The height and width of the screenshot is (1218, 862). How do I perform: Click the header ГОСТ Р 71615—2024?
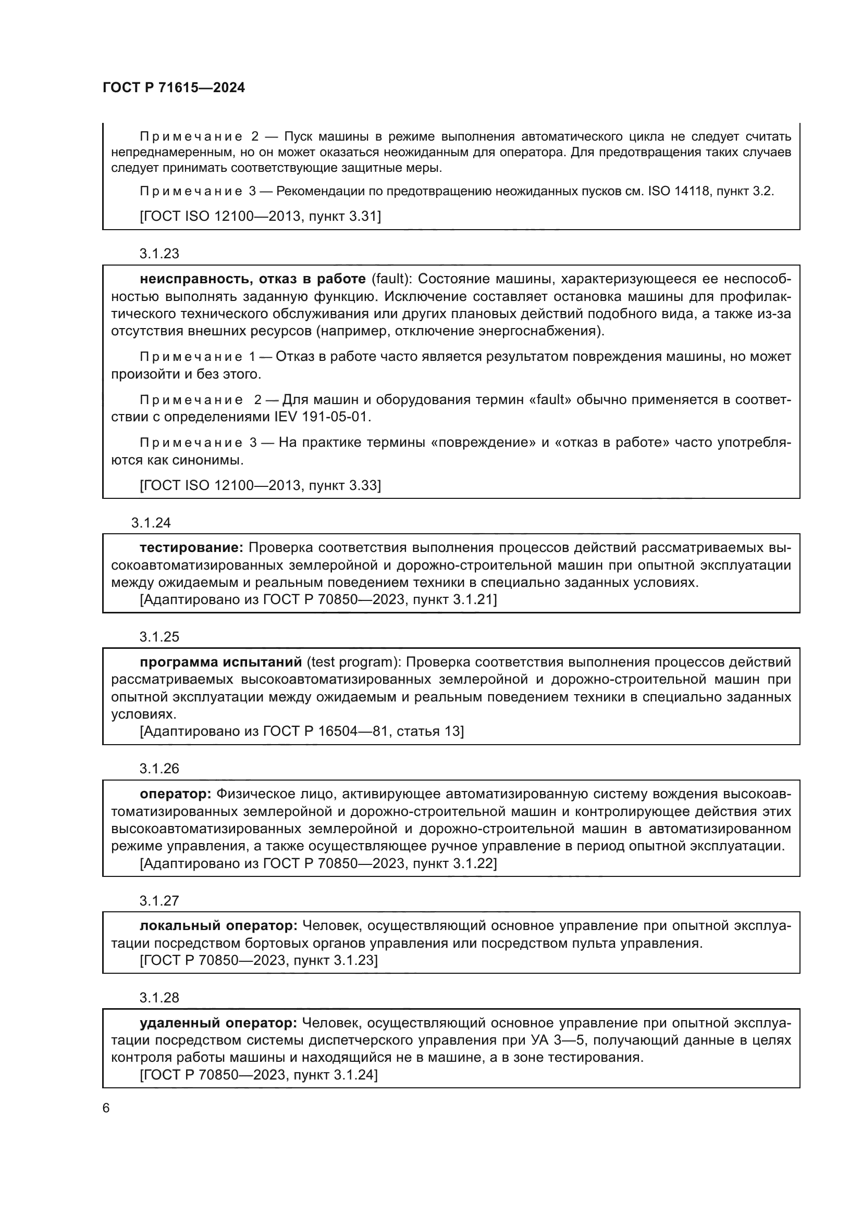pos(174,88)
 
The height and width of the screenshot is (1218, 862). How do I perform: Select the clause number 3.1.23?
pos(159,254)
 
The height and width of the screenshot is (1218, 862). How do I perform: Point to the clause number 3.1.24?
pos(151,522)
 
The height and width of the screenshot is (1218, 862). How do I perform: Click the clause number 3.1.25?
pos(159,636)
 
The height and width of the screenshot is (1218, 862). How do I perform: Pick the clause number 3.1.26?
pos(159,769)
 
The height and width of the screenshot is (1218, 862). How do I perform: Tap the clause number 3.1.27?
pos(159,901)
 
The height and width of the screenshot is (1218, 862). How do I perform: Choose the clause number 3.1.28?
pos(159,997)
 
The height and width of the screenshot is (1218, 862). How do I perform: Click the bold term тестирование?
pos(192,547)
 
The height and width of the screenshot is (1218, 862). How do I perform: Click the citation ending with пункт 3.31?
pos(260,217)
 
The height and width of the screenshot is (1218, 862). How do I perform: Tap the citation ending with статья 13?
pos(301,732)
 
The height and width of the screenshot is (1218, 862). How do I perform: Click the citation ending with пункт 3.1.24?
pos(258,1075)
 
